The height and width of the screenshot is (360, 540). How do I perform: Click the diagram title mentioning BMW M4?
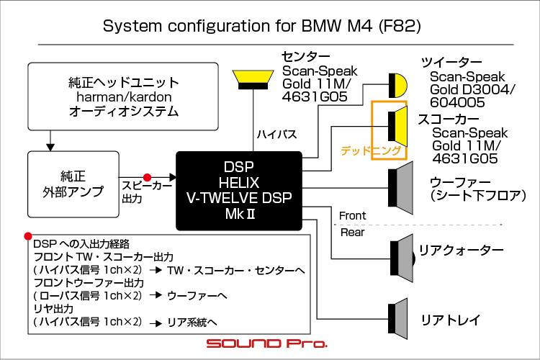tap(262, 26)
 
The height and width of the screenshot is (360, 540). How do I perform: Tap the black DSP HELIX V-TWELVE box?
tap(239, 191)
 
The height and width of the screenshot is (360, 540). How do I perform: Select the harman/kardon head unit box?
tap(123, 96)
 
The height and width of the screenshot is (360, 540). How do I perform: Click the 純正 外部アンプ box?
tap(73, 184)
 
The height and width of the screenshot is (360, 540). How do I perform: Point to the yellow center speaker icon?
tap(253, 80)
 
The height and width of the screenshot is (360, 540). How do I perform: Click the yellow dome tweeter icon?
tap(397, 85)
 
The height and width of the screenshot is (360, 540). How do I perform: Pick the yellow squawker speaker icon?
tap(398, 127)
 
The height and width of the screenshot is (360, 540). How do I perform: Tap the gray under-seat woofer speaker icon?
tap(400, 188)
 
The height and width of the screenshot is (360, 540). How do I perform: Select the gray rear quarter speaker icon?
tap(402, 258)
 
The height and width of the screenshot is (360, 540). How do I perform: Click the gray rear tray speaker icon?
tap(397, 319)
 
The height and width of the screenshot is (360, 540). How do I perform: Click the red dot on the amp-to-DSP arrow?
tap(147, 177)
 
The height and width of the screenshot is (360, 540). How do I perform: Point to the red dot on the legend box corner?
tap(28, 236)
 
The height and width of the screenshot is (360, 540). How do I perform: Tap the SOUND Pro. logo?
tap(267, 343)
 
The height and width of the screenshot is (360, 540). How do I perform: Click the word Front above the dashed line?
tap(352, 216)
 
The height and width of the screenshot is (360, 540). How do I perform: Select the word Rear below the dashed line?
tap(352, 233)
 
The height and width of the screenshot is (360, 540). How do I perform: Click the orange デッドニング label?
tap(371, 150)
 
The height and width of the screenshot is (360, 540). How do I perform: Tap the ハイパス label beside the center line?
tap(276, 134)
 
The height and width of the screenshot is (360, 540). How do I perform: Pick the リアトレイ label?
tap(451, 320)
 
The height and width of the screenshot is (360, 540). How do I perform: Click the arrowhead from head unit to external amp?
tap(50, 147)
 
